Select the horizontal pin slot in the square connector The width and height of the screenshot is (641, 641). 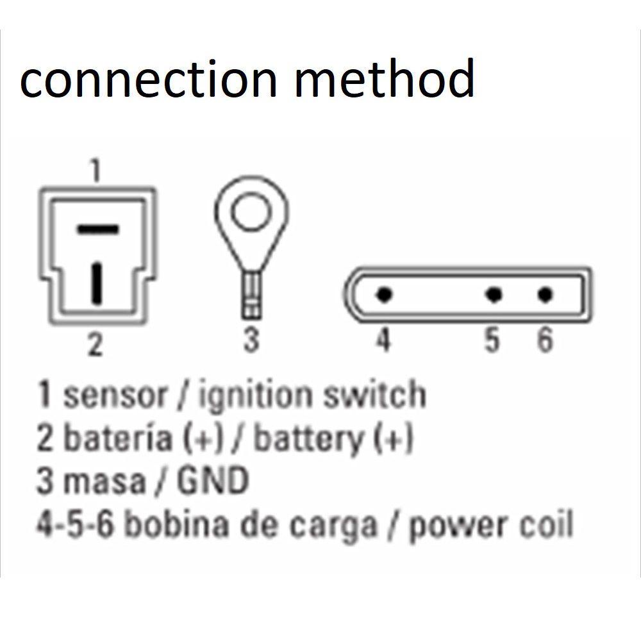coord(98,228)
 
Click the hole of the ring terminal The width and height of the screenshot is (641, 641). coord(251,214)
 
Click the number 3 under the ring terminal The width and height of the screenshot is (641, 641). coord(251,339)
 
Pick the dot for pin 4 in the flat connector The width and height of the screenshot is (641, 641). coord(384,295)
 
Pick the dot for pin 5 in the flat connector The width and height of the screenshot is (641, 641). coord(493,295)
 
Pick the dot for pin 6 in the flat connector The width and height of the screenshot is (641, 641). coord(545,295)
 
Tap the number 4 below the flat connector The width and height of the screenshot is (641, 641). coord(383,340)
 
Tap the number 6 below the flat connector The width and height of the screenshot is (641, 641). coord(544,340)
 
